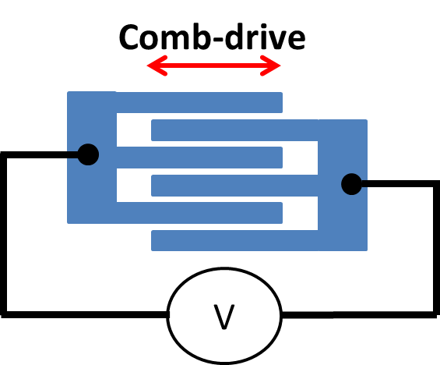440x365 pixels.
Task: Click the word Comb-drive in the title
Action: pos(212,37)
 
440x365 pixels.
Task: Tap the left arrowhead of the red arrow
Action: pos(157,66)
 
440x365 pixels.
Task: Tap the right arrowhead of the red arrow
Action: pos(270,66)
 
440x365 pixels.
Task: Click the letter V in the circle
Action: pos(224,317)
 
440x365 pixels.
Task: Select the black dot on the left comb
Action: pos(88,154)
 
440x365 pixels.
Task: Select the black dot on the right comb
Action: pos(351,184)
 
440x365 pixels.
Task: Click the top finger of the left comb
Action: pos(199,103)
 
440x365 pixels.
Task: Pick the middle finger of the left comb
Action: pos(199,158)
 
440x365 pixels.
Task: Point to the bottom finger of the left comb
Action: pos(199,213)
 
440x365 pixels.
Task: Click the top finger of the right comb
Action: pos(234,130)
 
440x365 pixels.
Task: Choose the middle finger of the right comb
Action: pos(234,186)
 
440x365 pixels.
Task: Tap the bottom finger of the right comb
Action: pos(234,240)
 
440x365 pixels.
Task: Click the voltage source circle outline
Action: pos(167,315)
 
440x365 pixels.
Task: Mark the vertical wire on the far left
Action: pos(3,235)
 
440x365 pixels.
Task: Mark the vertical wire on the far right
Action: pos(436,250)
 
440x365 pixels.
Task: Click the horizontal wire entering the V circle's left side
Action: pos(84,314)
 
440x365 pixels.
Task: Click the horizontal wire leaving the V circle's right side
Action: pos(360,315)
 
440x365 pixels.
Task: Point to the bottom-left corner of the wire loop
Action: pos(3,315)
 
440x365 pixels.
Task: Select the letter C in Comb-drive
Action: pos(130,37)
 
